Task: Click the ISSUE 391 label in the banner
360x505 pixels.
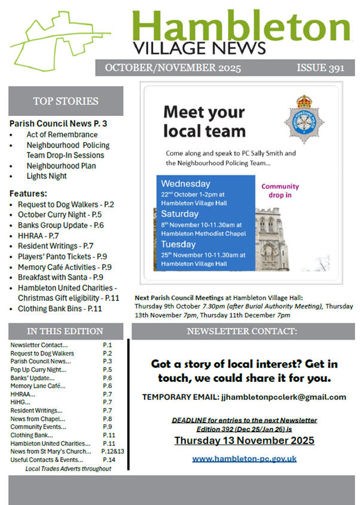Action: tap(321, 68)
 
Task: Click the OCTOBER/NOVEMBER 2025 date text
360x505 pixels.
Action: tap(173, 68)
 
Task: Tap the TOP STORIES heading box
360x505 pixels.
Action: tap(66, 101)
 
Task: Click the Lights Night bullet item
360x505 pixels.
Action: tap(47, 176)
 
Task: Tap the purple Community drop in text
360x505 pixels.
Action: tap(280, 191)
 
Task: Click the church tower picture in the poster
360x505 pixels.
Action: tap(272, 239)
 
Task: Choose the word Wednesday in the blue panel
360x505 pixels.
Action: tap(185, 183)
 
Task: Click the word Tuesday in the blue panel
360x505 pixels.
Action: tap(178, 244)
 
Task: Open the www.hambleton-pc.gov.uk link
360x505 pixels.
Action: tap(244, 458)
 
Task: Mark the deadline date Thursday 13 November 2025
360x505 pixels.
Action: tap(244, 441)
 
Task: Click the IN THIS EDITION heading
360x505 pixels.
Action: tap(65, 331)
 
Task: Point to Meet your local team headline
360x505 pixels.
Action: tap(205, 121)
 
